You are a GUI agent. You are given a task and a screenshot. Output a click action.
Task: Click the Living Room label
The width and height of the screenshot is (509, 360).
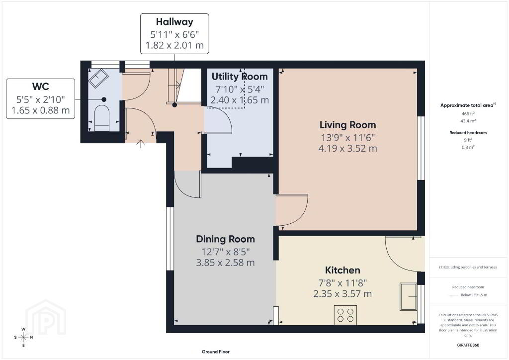click(347, 125)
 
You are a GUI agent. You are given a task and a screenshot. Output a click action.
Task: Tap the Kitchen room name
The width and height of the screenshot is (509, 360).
click(342, 270)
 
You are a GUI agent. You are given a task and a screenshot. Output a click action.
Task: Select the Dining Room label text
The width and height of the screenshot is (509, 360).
click(225, 239)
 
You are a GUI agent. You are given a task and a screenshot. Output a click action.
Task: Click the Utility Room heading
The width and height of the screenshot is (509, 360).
click(240, 77)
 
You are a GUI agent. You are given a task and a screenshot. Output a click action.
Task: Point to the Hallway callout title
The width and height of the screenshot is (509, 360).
click(174, 22)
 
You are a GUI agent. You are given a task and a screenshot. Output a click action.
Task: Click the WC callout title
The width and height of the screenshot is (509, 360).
click(41, 87)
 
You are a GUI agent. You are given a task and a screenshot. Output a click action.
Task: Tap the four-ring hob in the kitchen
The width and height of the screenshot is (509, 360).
click(345, 315)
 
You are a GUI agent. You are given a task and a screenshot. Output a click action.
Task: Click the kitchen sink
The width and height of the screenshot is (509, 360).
click(409, 297)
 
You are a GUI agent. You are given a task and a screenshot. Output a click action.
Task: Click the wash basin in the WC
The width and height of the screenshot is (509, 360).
click(99, 78)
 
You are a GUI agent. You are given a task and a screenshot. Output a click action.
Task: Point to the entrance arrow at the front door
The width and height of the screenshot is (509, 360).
click(141, 144)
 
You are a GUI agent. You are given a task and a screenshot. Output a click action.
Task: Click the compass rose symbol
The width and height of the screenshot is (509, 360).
click(23, 337)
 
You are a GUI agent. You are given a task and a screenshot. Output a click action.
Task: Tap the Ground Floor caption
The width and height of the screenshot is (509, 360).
click(216, 352)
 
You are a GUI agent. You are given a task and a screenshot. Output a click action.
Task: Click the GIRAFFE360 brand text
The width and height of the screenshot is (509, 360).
click(468, 345)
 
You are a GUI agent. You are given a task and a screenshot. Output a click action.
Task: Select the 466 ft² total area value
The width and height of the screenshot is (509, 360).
click(468, 114)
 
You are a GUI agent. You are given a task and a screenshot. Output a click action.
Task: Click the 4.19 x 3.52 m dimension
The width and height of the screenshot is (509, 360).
click(347, 148)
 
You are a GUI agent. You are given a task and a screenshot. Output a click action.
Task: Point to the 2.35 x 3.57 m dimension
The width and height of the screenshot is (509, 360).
click(342, 294)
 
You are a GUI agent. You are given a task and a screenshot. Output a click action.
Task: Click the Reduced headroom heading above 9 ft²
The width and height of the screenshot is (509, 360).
click(468, 132)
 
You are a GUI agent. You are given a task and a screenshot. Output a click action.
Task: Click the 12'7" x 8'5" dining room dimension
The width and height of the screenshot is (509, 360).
click(225, 252)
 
